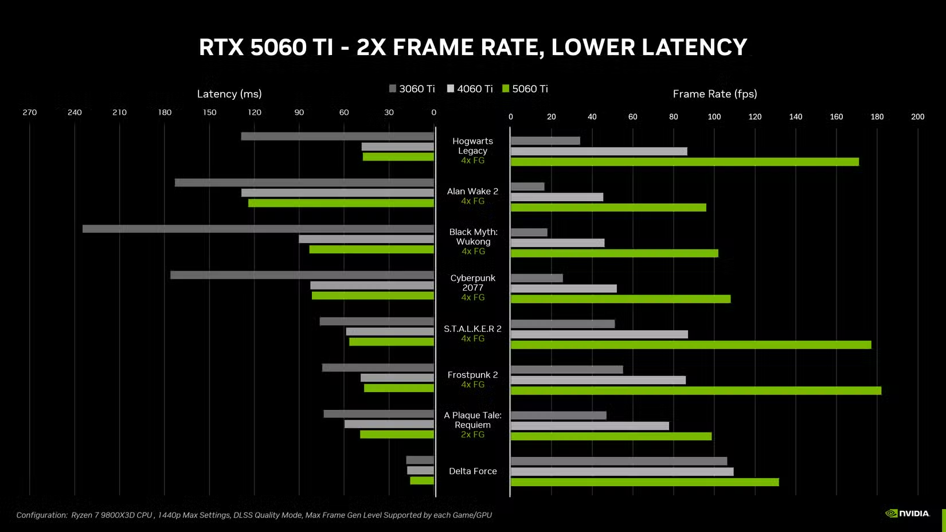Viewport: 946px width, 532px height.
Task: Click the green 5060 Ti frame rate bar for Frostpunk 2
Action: [695, 391]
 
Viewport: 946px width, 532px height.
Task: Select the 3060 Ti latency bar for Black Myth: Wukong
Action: [258, 229]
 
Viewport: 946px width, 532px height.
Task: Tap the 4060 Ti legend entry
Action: [470, 89]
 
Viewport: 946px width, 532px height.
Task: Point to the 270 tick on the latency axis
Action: [30, 112]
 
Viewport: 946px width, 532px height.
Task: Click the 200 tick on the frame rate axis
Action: [917, 117]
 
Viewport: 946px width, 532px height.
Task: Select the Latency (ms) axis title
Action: [229, 94]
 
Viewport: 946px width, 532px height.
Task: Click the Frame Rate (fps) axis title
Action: [714, 94]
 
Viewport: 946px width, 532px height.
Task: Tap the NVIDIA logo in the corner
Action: [908, 513]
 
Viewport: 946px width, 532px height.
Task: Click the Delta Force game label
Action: [472, 471]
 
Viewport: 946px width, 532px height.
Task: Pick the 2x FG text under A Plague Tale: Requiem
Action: [472, 435]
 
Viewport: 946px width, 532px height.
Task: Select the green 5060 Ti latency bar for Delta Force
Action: [422, 480]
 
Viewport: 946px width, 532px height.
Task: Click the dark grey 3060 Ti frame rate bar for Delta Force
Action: [619, 461]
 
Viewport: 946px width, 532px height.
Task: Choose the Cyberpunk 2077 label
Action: [472, 283]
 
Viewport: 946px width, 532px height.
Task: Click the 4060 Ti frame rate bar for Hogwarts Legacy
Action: [599, 151]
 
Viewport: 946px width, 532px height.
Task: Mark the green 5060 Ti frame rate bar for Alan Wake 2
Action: [608, 208]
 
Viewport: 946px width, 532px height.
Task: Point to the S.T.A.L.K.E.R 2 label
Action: [472, 328]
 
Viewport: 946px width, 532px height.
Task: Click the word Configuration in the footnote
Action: [42, 515]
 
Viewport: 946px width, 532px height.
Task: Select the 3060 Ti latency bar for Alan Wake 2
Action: [304, 183]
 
